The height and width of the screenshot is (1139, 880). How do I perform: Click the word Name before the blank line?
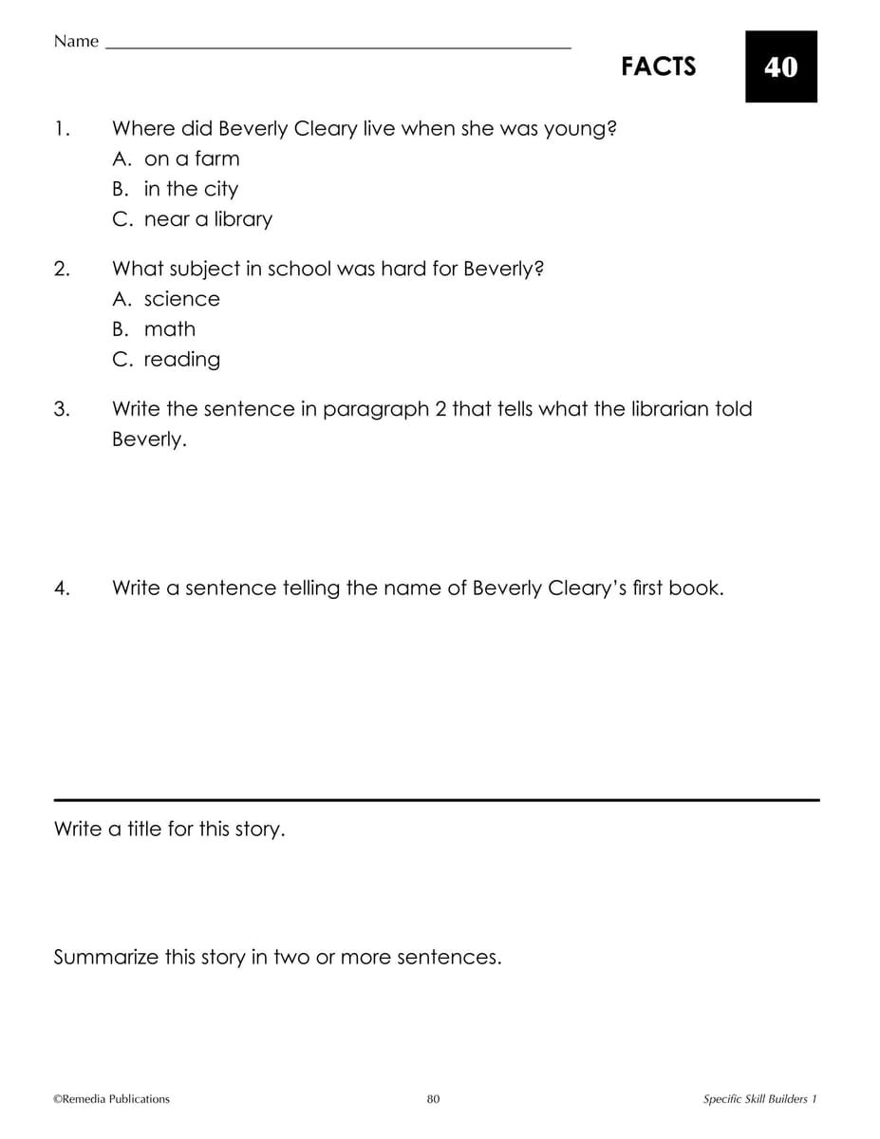76,41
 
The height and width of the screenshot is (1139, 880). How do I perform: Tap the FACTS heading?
658,66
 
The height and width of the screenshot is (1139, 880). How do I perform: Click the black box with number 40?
780,66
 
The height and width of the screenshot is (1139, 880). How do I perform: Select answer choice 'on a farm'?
191,159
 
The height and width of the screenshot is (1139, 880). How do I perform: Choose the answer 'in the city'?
190,189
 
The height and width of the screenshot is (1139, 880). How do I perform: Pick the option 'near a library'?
207,219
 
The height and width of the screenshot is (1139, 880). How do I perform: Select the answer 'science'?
180,299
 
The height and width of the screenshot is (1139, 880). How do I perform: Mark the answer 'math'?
169,329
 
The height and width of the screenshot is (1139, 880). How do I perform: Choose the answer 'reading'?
181,360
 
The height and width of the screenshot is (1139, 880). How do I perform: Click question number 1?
62,128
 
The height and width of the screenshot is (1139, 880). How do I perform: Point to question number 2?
62,269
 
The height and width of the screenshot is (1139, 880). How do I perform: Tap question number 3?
62,409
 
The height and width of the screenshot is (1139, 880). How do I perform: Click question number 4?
62,588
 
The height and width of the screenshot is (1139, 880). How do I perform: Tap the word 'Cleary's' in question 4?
589,588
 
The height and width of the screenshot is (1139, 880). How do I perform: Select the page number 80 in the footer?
433,1099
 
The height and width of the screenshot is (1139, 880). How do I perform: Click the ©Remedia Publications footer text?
112,1099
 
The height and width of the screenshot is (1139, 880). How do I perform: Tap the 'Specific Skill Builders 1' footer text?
759,1099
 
